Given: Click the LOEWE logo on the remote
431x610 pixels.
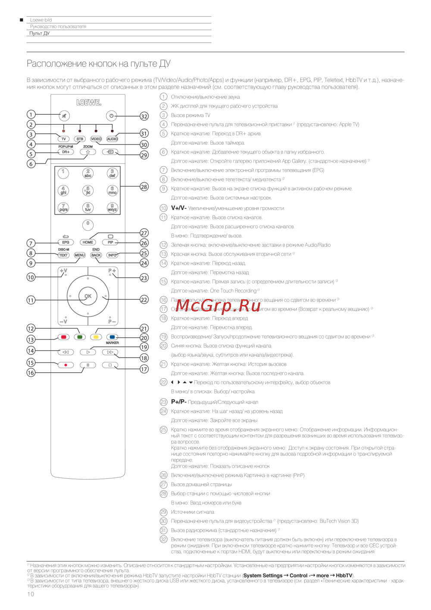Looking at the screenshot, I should (88, 102).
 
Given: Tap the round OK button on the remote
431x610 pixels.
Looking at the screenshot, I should (88, 296).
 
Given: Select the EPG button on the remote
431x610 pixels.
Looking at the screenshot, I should (66, 242).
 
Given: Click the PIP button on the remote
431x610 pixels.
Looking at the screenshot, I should (110, 242).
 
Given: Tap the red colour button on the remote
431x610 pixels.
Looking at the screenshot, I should (63, 337).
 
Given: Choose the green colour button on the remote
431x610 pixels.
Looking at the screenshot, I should (80, 337).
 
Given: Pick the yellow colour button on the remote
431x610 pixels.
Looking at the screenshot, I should (96, 337).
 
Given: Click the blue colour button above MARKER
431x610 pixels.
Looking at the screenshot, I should (112, 337).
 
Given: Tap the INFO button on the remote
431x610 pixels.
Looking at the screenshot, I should (112, 255).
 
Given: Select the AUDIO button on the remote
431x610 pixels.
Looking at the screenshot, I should (112, 139).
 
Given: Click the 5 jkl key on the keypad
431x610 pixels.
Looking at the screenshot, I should (88, 190).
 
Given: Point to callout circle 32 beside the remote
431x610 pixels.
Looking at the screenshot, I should (144, 116).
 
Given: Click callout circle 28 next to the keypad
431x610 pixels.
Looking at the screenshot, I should (144, 187).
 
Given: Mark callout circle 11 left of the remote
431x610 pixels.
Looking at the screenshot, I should (31, 300).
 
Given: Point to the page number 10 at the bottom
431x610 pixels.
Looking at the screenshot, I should (31, 594).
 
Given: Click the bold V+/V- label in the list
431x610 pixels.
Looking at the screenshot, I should (178, 208).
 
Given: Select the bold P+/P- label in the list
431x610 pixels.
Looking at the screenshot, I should (178, 402).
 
